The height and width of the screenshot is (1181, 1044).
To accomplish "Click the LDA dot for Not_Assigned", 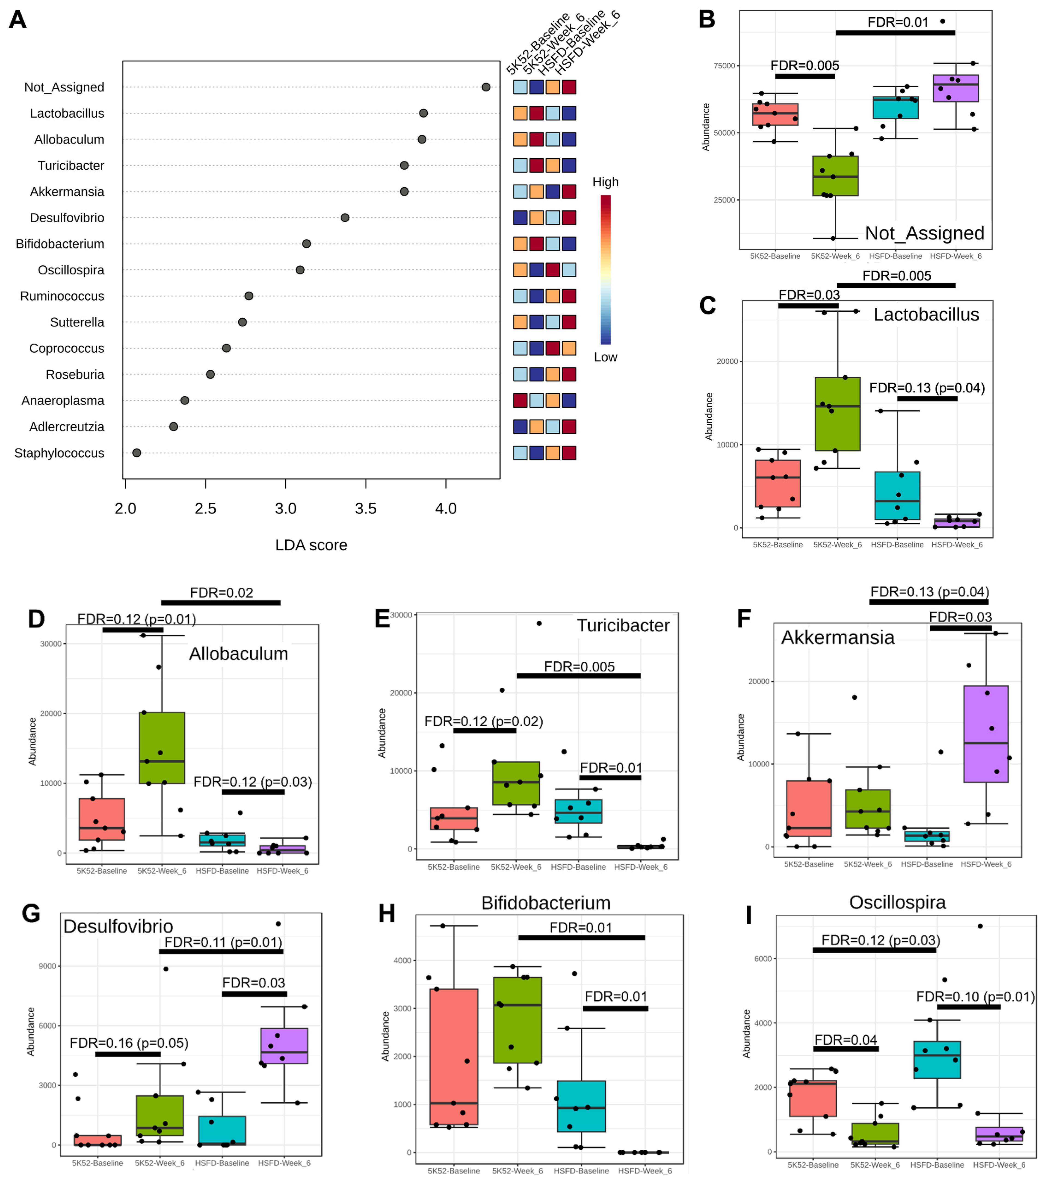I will point(486,87).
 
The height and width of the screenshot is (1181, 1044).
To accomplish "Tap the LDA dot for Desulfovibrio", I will point(345,218).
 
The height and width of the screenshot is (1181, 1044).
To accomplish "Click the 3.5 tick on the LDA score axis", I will point(365,508).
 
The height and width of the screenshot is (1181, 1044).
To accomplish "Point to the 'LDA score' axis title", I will point(311,545).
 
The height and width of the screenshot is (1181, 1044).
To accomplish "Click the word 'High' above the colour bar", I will point(605,182).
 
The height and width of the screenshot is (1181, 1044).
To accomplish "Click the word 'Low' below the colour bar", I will point(605,357).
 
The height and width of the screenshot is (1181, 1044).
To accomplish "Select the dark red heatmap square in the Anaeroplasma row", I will point(520,401).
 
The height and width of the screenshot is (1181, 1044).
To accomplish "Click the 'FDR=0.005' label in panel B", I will point(805,65).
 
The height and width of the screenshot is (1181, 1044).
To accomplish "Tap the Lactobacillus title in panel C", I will point(926,314).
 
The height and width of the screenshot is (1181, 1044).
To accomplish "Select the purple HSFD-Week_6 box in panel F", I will point(986,734).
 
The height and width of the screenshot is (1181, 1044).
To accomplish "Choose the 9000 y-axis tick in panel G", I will point(47,966).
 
